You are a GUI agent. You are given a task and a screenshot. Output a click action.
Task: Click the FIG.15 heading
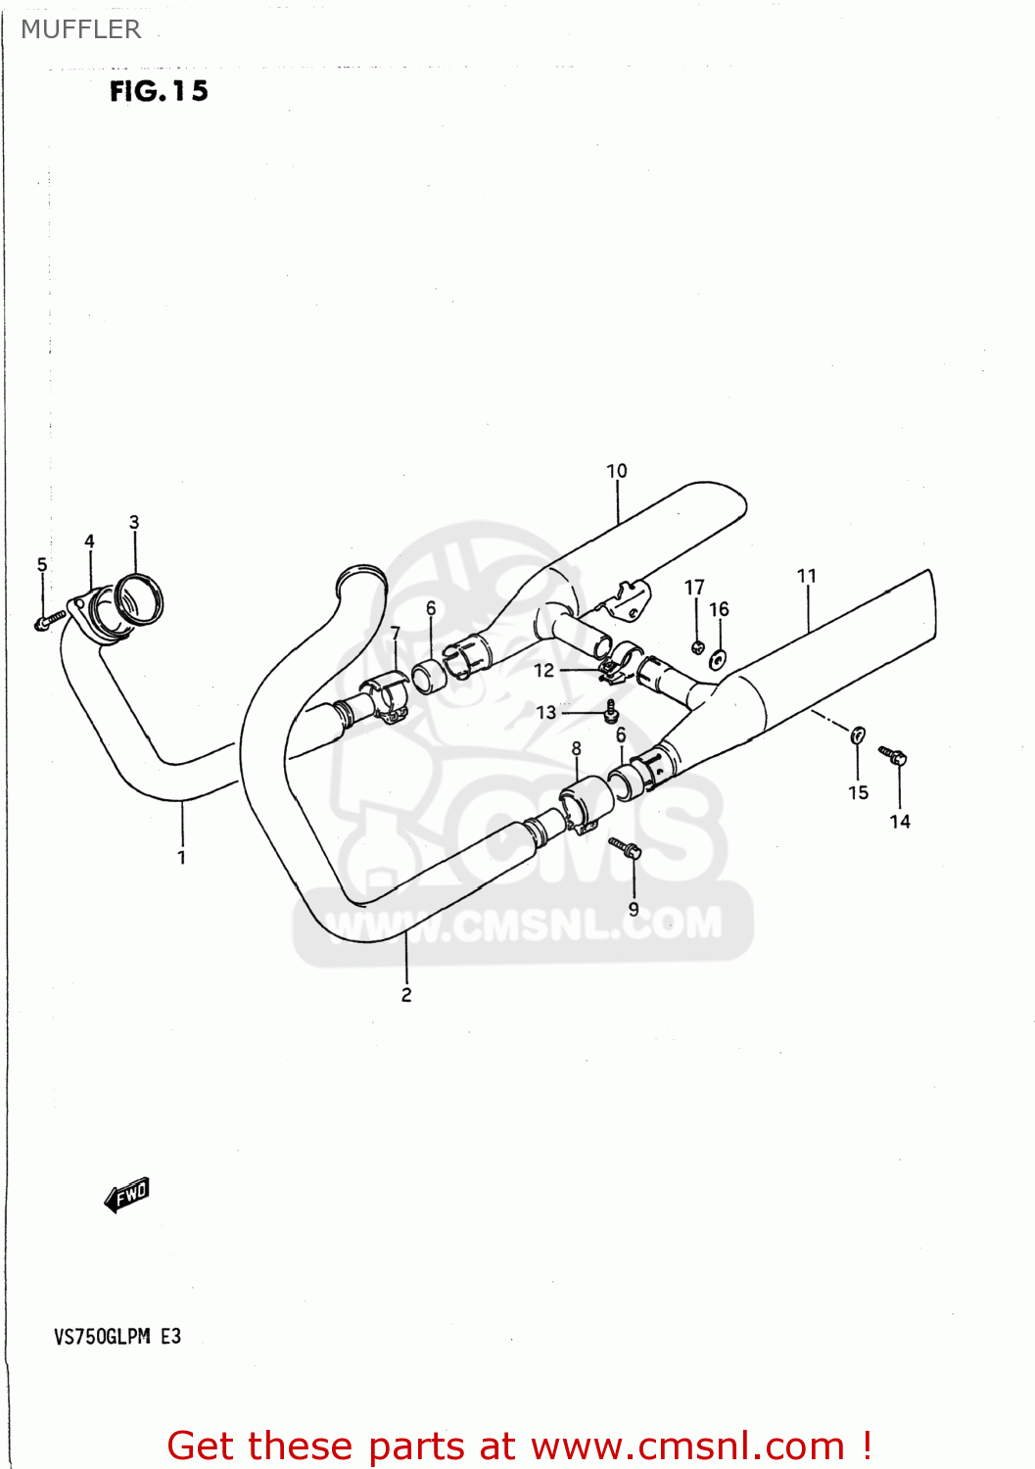click(x=159, y=91)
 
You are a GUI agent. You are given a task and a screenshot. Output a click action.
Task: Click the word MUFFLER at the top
click(x=81, y=29)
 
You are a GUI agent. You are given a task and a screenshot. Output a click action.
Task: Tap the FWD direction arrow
click(x=127, y=1194)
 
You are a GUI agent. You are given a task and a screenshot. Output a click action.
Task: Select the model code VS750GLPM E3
click(x=118, y=1337)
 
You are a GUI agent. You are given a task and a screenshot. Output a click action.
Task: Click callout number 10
click(x=617, y=471)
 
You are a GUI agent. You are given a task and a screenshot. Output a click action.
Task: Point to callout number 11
click(x=807, y=576)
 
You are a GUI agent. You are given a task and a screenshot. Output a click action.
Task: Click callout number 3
click(x=134, y=522)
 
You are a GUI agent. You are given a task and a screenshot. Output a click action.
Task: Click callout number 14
click(x=900, y=822)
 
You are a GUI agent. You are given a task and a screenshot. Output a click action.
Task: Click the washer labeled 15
click(x=858, y=734)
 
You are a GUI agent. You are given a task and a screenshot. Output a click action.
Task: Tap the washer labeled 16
click(x=718, y=659)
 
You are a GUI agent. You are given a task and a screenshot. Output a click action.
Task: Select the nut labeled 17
click(x=697, y=646)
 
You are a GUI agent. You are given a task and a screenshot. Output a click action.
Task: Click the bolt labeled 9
click(x=625, y=847)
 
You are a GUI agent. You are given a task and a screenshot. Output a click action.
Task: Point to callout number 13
click(x=546, y=712)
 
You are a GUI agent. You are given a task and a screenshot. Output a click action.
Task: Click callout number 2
click(x=406, y=995)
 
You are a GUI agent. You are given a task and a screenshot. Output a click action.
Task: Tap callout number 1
click(x=181, y=857)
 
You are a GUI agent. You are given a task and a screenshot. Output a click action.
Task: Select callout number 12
click(x=544, y=670)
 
